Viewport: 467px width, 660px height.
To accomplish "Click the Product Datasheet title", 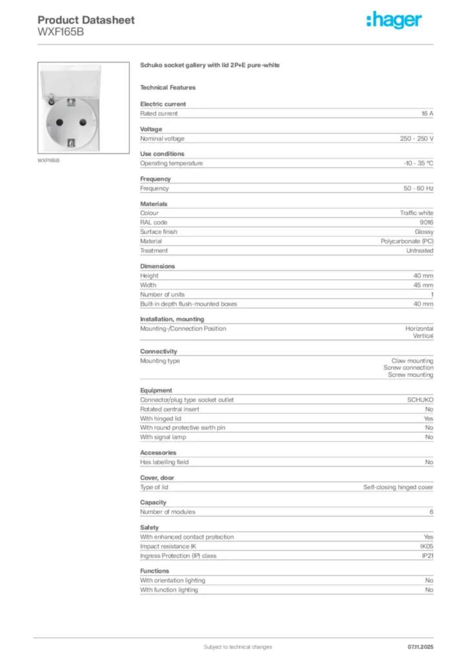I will click(86, 20).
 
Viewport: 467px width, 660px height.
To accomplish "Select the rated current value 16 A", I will click(427, 113).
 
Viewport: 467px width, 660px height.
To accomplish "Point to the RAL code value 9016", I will click(426, 222).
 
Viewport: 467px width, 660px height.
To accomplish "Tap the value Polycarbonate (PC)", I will click(407, 241).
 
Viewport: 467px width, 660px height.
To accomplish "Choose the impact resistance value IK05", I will click(426, 546).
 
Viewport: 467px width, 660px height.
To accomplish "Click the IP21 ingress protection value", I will click(427, 556).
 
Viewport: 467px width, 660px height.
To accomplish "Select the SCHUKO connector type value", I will click(420, 400).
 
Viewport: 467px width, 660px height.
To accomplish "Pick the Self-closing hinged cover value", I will click(399, 487).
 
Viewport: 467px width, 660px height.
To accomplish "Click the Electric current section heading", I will click(163, 104).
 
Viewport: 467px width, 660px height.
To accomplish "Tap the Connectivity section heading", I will click(159, 351).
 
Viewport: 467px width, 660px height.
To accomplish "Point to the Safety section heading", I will click(150, 527).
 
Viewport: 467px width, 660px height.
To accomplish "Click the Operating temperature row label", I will click(172, 163).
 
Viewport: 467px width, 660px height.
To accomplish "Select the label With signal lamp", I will click(163, 437).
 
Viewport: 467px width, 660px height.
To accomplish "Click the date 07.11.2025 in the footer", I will click(421, 646).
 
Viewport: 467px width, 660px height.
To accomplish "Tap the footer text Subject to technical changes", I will click(238, 646).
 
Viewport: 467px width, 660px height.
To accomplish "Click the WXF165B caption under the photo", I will click(48, 160).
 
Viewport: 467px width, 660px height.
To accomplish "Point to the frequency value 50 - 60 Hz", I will click(419, 188).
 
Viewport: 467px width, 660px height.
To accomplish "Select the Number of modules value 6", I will click(431, 512).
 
